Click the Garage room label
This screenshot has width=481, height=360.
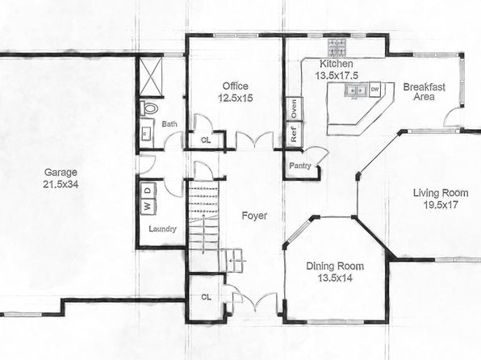[61, 172]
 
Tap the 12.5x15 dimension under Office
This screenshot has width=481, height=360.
[236, 98]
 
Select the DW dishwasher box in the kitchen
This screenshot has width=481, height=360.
[374, 90]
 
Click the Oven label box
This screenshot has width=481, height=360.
[295, 108]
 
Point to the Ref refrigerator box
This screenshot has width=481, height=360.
[295, 134]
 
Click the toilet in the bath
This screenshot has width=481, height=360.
[149, 108]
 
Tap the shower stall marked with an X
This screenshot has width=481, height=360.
[151, 77]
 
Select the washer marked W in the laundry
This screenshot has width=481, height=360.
[148, 206]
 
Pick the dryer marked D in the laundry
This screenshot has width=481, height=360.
[148, 190]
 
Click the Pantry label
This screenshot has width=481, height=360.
[300, 165]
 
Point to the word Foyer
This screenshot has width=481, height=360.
[254, 216]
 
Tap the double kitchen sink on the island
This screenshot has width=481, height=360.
[356, 91]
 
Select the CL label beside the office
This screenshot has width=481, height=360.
[206, 140]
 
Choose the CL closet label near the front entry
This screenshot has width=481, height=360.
[206, 297]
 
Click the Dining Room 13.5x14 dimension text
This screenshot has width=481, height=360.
[335, 278]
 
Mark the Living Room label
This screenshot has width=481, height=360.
[441, 193]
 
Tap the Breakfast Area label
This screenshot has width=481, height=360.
[424, 92]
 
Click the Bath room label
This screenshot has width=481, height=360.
[169, 124]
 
